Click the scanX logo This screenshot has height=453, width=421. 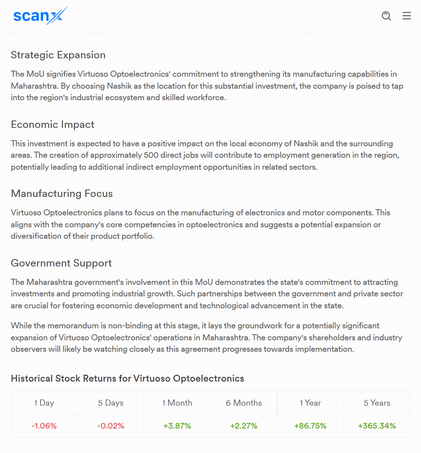(x=40, y=16)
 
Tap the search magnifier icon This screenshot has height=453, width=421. (x=386, y=16)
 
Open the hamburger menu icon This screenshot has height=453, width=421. (x=406, y=16)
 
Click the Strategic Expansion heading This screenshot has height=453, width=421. (x=58, y=55)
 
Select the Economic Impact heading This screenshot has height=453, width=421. (x=52, y=124)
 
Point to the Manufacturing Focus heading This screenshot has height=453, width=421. (x=62, y=194)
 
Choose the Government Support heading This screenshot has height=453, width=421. (x=61, y=263)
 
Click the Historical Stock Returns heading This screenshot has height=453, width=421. (x=127, y=378)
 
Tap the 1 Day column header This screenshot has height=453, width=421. (x=44, y=403)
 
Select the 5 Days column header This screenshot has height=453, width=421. (x=111, y=403)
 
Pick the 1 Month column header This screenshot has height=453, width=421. (x=177, y=403)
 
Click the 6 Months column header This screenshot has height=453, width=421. (x=244, y=403)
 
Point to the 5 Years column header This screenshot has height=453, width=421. (x=377, y=403)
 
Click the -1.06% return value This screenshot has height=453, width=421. (x=44, y=426)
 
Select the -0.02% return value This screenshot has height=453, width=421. (x=111, y=426)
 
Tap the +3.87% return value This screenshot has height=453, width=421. (x=177, y=426)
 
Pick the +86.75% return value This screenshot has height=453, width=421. (x=310, y=426)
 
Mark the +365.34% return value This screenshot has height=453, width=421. (x=377, y=426)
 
